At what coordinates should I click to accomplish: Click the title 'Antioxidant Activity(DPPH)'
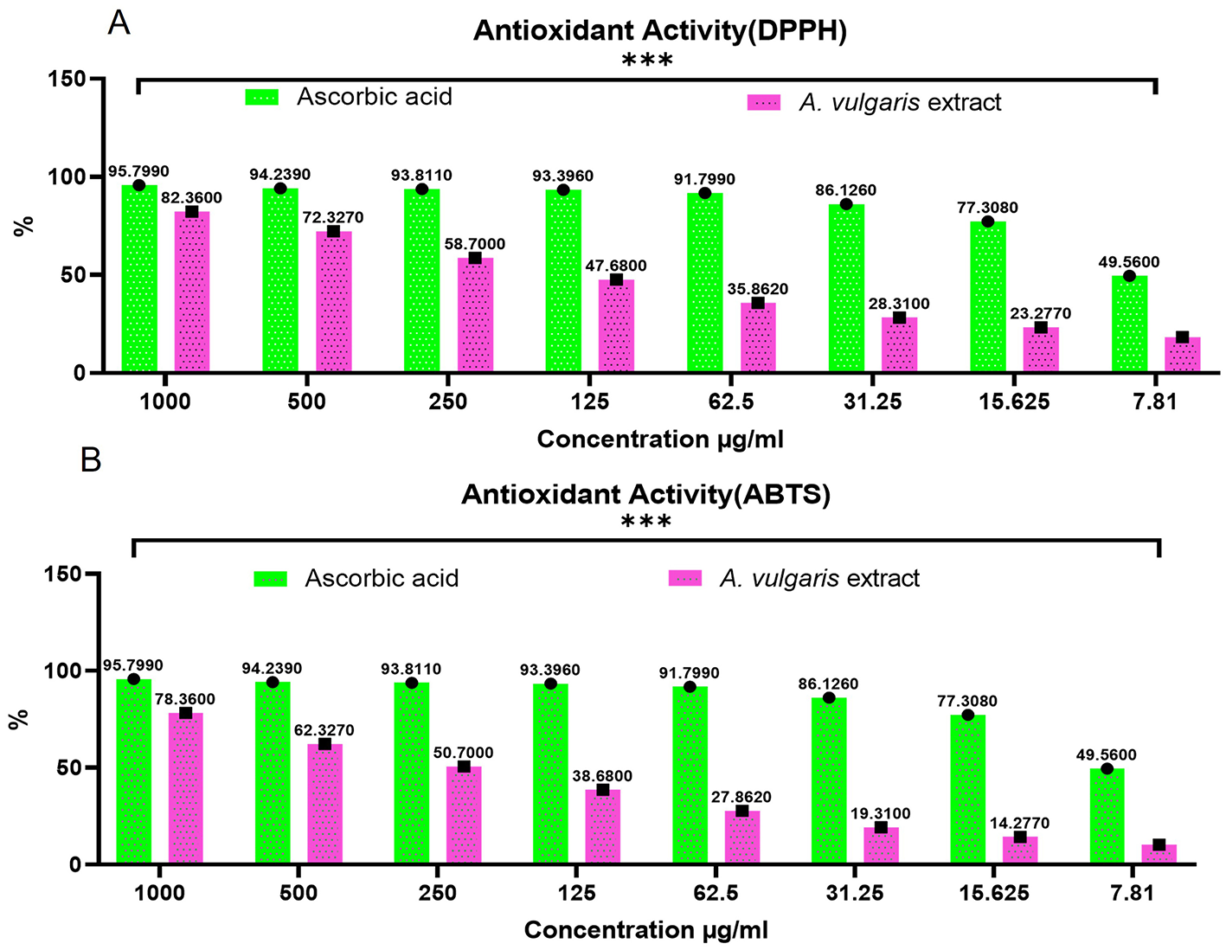click(x=659, y=30)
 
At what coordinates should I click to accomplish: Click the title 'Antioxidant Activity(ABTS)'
click(x=645, y=494)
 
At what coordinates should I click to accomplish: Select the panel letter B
click(x=91, y=460)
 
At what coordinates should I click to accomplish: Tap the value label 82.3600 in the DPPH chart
click(x=191, y=198)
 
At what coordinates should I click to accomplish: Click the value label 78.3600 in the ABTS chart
click(x=184, y=699)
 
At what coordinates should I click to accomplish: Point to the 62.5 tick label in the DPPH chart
click(x=731, y=401)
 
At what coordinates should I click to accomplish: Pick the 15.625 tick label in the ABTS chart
click(x=993, y=893)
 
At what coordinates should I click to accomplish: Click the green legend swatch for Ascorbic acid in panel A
click(x=262, y=97)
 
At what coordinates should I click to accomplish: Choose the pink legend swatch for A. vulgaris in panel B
click(x=685, y=579)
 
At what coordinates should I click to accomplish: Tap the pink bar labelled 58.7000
click(x=475, y=316)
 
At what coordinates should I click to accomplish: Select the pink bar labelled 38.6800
click(x=603, y=826)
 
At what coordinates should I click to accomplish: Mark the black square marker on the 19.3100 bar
click(x=881, y=828)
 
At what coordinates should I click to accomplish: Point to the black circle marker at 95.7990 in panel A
click(x=138, y=185)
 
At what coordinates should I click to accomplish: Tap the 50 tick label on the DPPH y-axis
click(x=80, y=275)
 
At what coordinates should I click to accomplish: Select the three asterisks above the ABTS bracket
click(x=646, y=523)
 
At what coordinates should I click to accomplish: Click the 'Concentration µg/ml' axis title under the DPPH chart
click(x=659, y=440)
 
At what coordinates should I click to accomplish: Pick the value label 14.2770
click(x=1019, y=823)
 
